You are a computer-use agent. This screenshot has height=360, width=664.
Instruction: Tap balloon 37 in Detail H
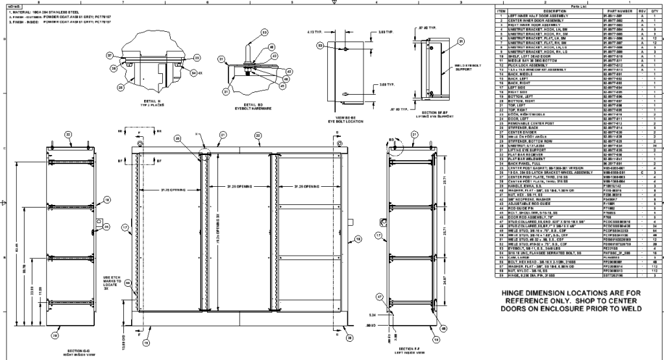(110, 55)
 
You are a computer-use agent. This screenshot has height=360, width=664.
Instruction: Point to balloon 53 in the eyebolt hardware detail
(265, 32)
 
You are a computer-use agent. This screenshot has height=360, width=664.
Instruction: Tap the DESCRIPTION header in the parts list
(554, 11)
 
